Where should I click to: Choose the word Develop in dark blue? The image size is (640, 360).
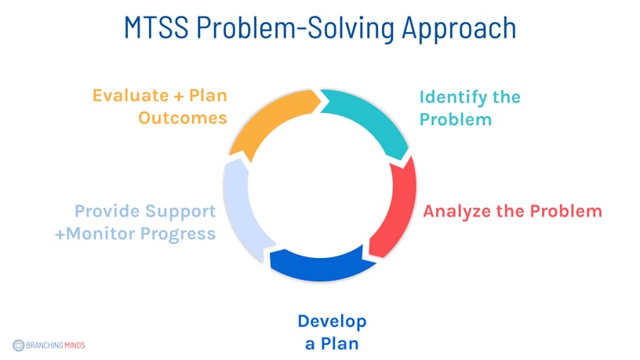tap(332, 321)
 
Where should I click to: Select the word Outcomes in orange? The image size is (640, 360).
tap(183, 118)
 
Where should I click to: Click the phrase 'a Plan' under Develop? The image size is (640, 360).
tap(332, 343)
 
